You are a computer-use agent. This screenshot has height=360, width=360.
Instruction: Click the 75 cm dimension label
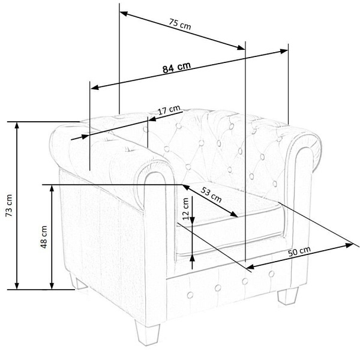pyautogui.click(x=180, y=24)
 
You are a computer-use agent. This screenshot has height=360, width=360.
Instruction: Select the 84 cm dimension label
pyautogui.click(x=176, y=67)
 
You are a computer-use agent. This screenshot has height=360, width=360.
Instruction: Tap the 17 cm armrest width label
pyautogui.click(x=169, y=110)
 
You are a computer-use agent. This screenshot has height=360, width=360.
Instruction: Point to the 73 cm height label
pyautogui.click(x=10, y=205)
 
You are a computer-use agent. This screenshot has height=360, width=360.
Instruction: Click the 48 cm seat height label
pyautogui.click(x=44, y=237)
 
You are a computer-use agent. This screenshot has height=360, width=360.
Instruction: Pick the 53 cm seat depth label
pyautogui.click(x=211, y=194)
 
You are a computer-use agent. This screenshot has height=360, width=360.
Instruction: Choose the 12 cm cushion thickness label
pyautogui.click(x=185, y=209)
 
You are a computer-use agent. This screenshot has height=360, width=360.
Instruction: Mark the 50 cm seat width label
pyautogui.click(x=299, y=251)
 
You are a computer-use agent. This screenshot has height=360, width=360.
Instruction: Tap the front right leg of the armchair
pyautogui.click(x=288, y=296)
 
